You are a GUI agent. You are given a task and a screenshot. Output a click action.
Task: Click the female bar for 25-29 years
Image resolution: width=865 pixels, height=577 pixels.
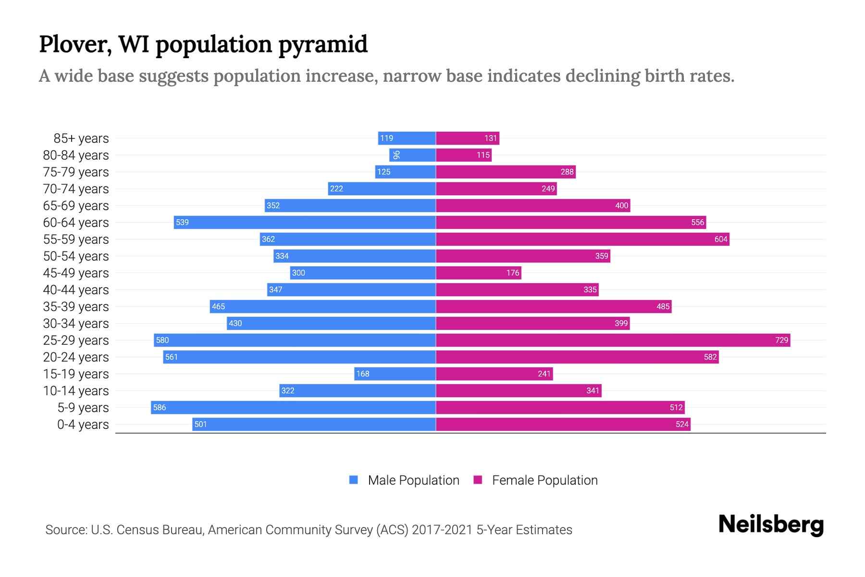tap(613, 340)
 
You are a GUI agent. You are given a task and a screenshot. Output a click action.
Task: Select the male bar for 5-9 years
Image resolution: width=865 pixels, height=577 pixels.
tap(293, 408)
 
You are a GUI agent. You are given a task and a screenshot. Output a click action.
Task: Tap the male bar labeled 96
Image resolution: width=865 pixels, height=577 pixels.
tap(412, 155)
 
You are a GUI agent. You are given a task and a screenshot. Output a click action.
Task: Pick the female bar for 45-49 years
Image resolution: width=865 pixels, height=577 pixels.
tap(478, 273)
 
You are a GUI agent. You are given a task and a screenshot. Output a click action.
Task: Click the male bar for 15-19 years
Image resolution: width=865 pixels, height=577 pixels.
tap(395, 374)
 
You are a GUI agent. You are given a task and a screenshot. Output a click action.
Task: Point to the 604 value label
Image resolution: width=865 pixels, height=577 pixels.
tap(720, 239)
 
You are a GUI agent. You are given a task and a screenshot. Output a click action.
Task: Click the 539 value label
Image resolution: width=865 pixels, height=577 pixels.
tap(182, 223)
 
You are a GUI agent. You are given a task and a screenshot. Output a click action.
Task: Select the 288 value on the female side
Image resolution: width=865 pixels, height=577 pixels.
tap(567, 172)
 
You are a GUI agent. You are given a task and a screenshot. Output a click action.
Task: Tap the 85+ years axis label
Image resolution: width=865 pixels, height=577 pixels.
tap(81, 138)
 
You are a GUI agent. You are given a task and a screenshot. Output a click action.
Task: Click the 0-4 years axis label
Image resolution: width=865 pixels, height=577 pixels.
tap(83, 425)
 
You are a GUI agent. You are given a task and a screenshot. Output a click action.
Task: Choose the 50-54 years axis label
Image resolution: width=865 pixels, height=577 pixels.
tap(76, 256)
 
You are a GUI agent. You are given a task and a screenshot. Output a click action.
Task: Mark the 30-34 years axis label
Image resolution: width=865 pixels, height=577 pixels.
tap(76, 324)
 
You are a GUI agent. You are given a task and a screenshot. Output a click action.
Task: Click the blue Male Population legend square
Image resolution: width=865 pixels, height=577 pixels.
tap(354, 480)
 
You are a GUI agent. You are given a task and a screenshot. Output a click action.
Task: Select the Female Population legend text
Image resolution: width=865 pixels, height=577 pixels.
tap(544, 480)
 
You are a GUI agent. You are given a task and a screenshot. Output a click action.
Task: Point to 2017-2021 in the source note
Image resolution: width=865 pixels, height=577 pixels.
tap(442, 530)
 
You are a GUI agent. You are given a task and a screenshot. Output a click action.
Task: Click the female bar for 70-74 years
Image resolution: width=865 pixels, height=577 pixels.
tap(496, 189)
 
